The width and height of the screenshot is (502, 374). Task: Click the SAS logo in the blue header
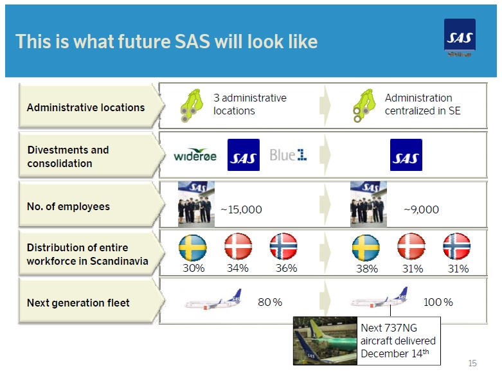(460, 35)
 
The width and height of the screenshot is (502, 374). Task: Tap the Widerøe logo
(195, 155)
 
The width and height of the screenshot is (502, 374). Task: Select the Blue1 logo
(288, 155)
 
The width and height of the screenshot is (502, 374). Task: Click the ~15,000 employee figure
(242, 209)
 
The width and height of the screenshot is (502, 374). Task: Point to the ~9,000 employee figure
(421, 209)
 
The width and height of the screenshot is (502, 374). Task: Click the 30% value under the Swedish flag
(193, 268)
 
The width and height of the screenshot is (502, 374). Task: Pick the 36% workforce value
(286, 268)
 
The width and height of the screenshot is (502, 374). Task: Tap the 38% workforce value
(367, 269)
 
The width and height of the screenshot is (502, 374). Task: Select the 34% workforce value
(238, 268)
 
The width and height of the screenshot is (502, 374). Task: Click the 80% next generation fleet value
(270, 302)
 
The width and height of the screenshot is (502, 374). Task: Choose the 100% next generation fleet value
(438, 302)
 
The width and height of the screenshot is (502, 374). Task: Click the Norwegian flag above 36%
(283, 246)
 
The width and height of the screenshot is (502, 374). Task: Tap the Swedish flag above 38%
(366, 247)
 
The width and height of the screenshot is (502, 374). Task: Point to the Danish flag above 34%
(238, 246)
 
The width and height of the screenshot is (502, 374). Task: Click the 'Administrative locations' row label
(85, 107)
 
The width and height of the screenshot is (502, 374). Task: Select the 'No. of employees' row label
(68, 206)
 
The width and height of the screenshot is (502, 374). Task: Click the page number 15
(472, 363)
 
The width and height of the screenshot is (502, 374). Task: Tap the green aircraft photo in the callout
(325, 341)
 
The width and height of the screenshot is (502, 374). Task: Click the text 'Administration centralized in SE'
(422, 104)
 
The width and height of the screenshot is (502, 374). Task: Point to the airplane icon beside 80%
(213, 299)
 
